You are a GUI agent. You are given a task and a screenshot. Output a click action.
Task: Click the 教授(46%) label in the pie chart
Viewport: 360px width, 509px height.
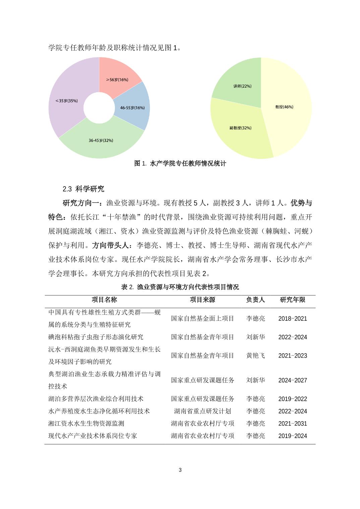point(284,107)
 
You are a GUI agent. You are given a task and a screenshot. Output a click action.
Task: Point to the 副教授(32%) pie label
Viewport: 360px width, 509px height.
point(240,128)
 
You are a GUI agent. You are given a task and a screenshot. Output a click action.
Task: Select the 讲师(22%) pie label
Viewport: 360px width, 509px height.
point(242,86)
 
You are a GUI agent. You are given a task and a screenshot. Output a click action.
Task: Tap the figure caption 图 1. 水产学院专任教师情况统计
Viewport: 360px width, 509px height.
point(180,163)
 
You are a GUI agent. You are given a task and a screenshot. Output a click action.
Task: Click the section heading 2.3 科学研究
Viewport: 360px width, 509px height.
point(83,189)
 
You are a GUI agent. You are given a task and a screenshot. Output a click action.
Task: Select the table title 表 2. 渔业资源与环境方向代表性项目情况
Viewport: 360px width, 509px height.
point(180,287)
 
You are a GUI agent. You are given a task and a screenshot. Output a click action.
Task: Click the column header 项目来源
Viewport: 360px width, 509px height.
point(202,300)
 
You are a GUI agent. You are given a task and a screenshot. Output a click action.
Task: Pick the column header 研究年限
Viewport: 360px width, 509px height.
point(292,300)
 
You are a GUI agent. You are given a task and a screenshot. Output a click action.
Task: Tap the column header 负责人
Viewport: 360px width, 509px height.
point(255,300)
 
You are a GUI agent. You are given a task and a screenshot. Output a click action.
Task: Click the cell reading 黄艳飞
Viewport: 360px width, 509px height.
point(255,356)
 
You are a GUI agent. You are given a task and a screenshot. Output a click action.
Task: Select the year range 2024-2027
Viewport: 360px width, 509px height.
point(292,380)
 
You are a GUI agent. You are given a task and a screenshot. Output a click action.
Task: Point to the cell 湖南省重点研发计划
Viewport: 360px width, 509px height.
point(202,411)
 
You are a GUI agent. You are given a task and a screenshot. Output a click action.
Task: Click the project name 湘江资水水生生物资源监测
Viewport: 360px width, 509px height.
point(86,424)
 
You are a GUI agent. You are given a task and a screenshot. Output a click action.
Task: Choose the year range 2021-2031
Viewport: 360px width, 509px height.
point(292,424)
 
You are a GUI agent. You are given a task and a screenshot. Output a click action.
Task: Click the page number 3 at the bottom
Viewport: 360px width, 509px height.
point(180,470)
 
